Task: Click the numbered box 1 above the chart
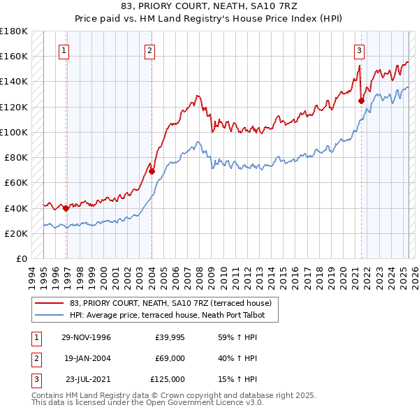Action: [x=64, y=50]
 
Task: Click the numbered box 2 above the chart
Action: [x=150, y=50]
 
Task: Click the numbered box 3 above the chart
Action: [x=358, y=50]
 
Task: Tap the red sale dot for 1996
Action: [x=66, y=207]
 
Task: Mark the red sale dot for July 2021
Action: [x=361, y=101]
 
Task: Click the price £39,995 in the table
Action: [x=170, y=337]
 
